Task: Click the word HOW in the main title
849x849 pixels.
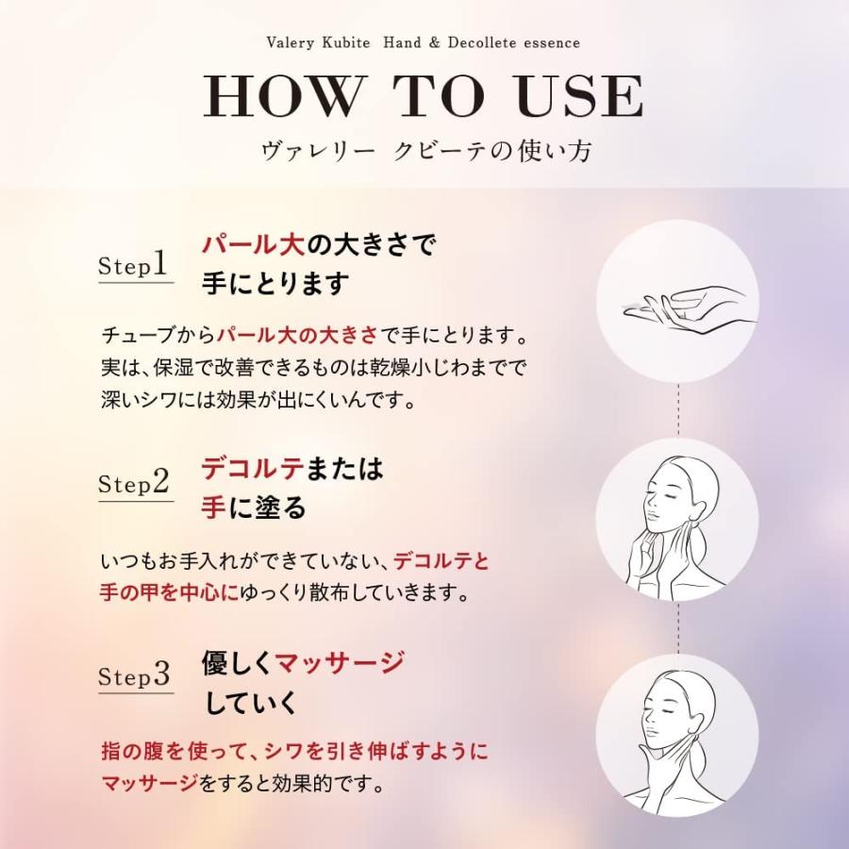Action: click(x=284, y=96)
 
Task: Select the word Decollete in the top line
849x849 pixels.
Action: click(x=490, y=42)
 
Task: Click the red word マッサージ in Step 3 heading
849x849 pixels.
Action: click(x=341, y=662)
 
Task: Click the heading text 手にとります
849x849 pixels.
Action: click(x=275, y=284)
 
